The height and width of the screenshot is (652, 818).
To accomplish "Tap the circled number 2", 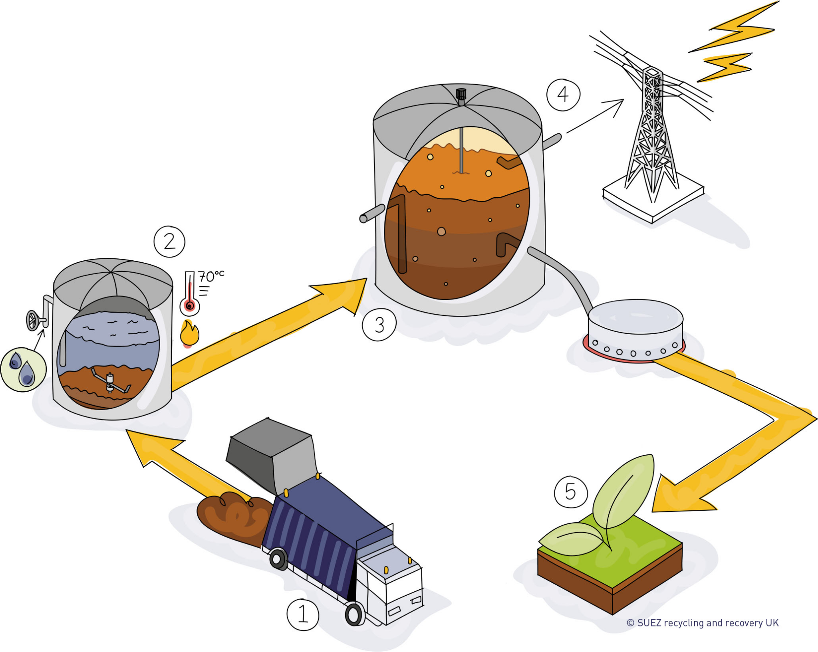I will [169, 242].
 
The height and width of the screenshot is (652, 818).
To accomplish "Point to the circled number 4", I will [563, 95].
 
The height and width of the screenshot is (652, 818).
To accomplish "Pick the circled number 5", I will [571, 491].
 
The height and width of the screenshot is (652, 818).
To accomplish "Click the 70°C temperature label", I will [211, 276].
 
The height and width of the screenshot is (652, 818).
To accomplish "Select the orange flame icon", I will [189, 333].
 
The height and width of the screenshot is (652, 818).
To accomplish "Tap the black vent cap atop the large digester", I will [461, 94].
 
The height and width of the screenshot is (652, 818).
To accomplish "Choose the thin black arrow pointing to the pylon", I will [595, 116].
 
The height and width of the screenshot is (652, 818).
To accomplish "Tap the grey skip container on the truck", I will [272, 453].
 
